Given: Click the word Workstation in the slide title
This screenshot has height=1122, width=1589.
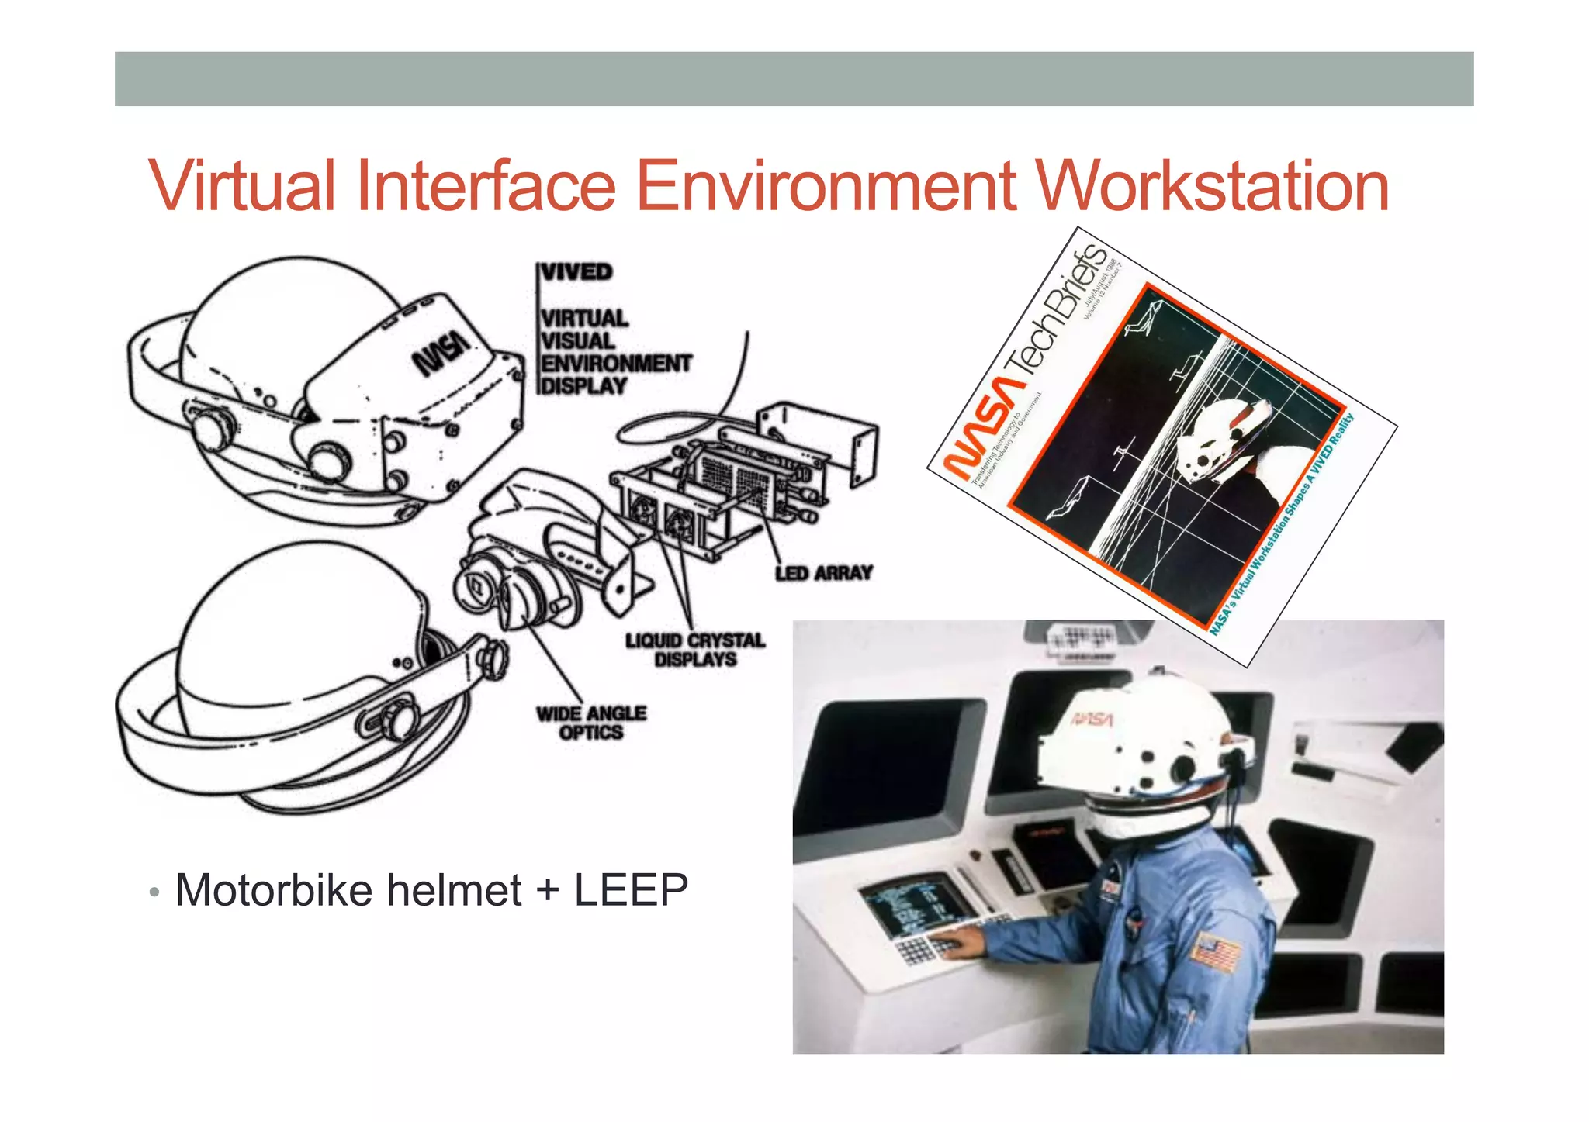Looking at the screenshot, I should pyautogui.click(x=1212, y=186).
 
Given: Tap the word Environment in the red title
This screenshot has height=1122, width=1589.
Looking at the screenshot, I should pyautogui.click(x=826, y=186).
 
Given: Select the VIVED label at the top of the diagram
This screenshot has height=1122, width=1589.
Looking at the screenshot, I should pyautogui.click(x=576, y=272).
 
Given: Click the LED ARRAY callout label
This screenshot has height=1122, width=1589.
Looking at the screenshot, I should pyautogui.click(x=824, y=573).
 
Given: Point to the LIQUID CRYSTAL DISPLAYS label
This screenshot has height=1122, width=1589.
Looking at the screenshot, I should pyautogui.click(x=695, y=650).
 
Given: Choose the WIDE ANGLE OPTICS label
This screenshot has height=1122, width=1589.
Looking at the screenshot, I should pyautogui.click(x=591, y=723).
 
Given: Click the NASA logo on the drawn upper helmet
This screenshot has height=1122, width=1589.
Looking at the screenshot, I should pyautogui.click(x=441, y=353).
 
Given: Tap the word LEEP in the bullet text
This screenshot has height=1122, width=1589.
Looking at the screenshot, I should pyautogui.click(x=631, y=889).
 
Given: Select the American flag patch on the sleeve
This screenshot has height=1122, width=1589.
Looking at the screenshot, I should pyautogui.click(x=1216, y=952).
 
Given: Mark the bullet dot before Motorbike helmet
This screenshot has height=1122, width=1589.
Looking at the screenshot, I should pyautogui.click(x=154, y=892).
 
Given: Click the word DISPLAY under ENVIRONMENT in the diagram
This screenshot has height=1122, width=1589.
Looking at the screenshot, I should pyautogui.click(x=583, y=386).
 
